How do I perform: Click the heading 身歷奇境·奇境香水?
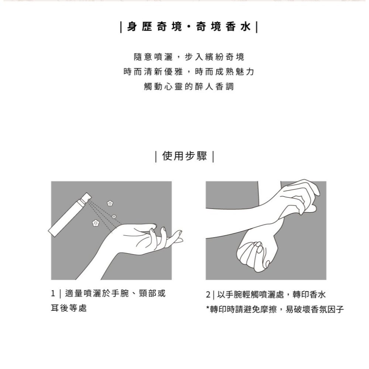coord(189,27)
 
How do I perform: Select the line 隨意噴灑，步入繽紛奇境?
coord(189,57)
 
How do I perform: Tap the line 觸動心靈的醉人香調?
coord(189,86)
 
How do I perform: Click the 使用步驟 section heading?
coord(184,157)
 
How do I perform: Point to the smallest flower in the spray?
coord(114,215)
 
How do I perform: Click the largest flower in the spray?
coord(96,223)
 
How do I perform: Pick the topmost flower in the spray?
coord(110,203)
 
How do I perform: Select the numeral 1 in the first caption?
coord(53,294)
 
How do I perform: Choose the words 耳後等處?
coord(69,308)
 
